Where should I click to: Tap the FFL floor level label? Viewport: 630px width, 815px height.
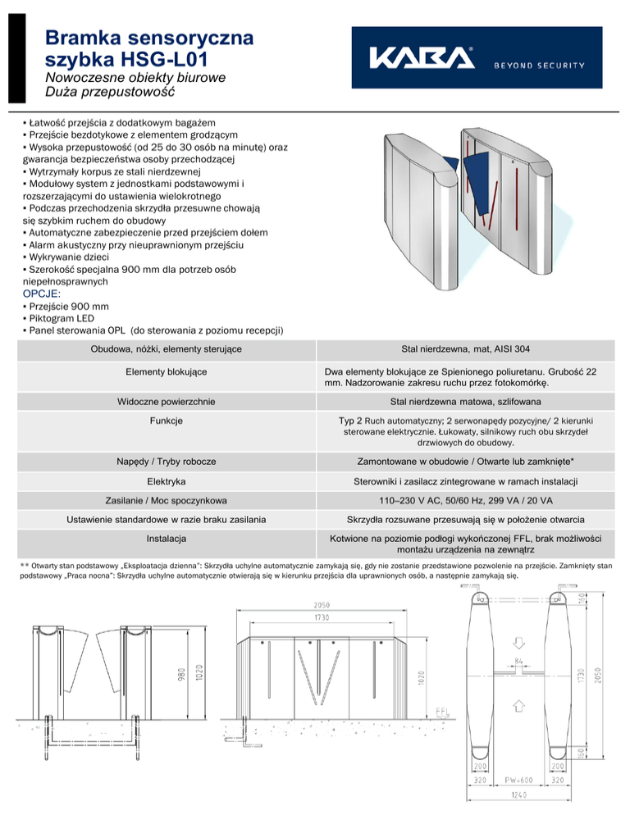click(442, 711)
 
